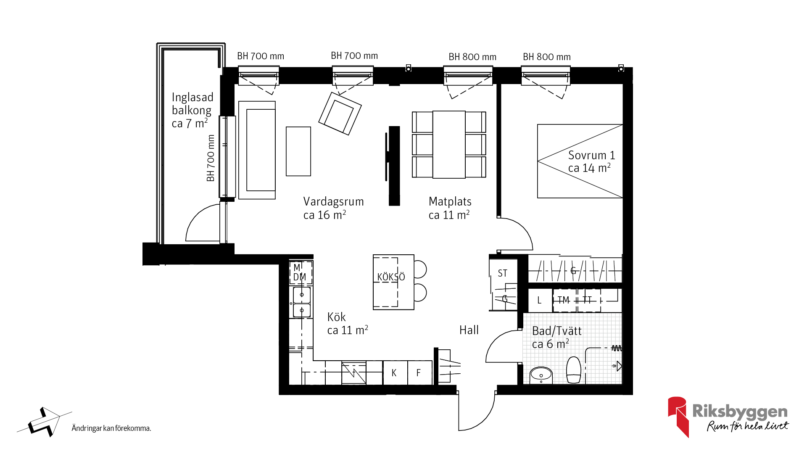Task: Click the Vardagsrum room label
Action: pyautogui.click(x=333, y=208)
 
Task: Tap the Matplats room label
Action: pyautogui.click(x=450, y=208)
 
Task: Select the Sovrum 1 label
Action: pyautogui.click(x=591, y=161)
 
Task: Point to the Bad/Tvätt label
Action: pyautogui.click(x=556, y=338)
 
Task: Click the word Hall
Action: pyautogui.click(x=469, y=330)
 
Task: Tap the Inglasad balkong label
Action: pyautogui.click(x=193, y=110)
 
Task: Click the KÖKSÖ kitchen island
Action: pyautogui.click(x=393, y=282)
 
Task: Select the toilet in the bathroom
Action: pyautogui.click(x=574, y=370)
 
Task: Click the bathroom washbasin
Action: pyautogui.click(x=541, y=375)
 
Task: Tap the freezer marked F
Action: pyautogui.click(x=419, y=373)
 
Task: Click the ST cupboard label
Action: pyautogui.click(x=502, y=273)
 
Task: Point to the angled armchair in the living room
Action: pyautogui.click(x=340, y=113)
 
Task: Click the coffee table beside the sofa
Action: pyautogui.click(x=298, y=151)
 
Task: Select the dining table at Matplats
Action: pyautogui.click(x=449, y=145)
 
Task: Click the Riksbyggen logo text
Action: pyautogui.click(x=740, y=412)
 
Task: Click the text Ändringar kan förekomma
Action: pyautogui.click(x=111, y=428)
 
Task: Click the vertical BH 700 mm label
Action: pyautogui.click(x=211, y=158)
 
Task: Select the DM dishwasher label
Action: pyautogui.click(x=300, y=277)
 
